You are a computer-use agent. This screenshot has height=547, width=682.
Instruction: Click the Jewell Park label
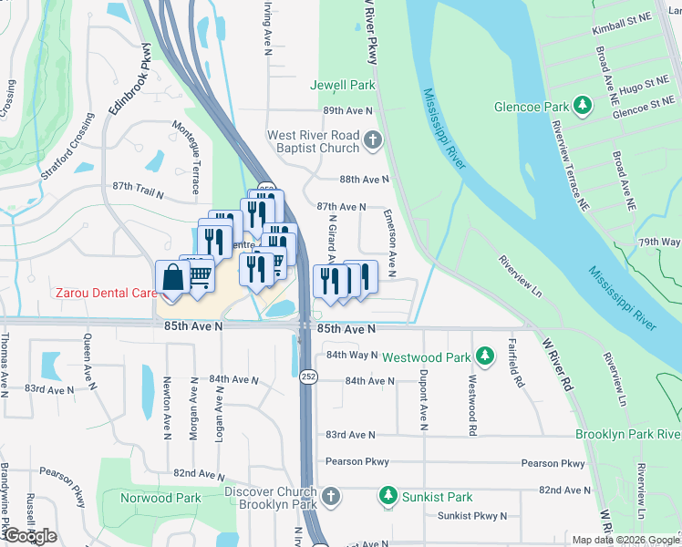pyautogui.click(x=343, y=85)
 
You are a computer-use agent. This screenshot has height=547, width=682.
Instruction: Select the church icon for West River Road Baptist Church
pyautogui.click(x=372, y=141)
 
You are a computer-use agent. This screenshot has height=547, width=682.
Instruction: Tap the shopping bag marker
pyautogui.click(x=172, y=276)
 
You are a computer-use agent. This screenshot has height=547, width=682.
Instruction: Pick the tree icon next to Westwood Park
pyautogui.click(x=487, y=355)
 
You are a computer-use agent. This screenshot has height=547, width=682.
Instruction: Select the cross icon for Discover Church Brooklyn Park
pyautogui.click(x=331, y=498)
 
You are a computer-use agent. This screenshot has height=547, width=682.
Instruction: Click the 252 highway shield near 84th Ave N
pyautogui.click(x=310, y=376)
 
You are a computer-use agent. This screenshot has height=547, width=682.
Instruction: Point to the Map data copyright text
pyautogui.click(x=625, y=540)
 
